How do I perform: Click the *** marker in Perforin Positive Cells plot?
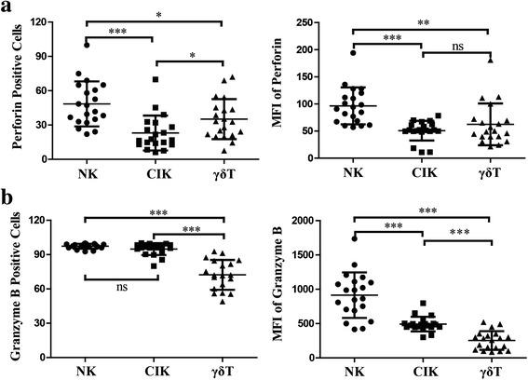(117, 31)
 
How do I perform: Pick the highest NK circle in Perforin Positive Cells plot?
(87, 45)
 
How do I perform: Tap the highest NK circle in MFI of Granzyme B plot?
(354, 239)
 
